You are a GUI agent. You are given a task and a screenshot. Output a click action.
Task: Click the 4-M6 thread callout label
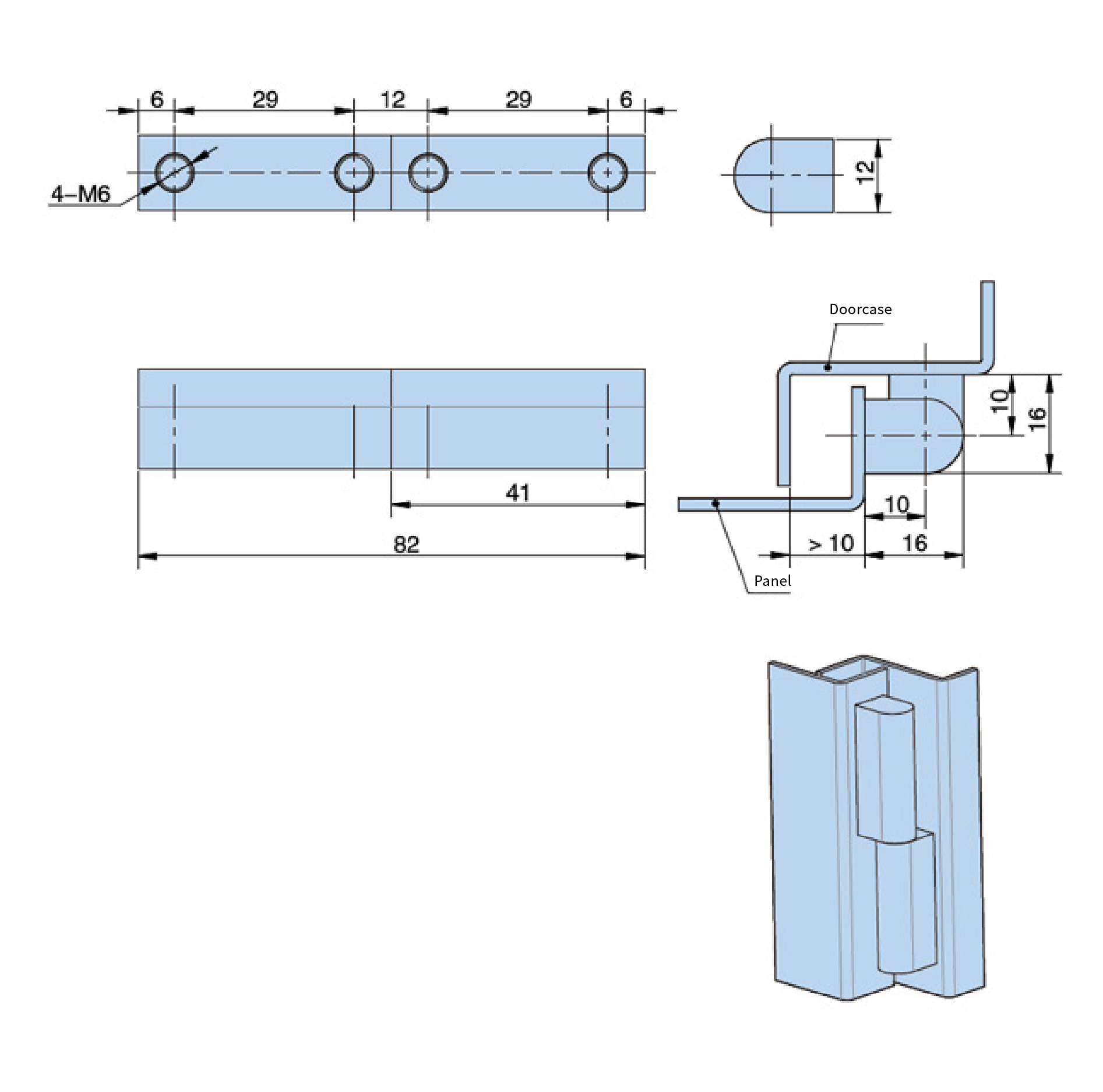click(x=80, y=194)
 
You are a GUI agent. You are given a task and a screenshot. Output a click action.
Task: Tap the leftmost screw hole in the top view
click(x=174, y=173)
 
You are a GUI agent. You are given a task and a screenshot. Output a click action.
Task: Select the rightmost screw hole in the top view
click(x=608, y=173)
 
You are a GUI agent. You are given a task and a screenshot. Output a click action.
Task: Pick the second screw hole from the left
click(x=354, y=173)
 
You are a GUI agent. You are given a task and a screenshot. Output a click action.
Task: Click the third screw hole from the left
click(x=428, y=173)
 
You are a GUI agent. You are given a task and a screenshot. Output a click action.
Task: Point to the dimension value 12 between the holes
click(x=393, y=100)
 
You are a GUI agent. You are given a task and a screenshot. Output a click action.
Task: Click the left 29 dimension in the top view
click(x=265, y=100)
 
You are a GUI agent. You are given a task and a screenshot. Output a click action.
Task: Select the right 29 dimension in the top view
click(x=519, y=100)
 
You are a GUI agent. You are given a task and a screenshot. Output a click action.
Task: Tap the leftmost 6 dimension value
click(x=157, y=100)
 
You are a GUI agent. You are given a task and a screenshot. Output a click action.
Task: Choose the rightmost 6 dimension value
click(x=626, y=100)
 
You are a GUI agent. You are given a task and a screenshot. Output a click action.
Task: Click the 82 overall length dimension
click(x=406, y=545)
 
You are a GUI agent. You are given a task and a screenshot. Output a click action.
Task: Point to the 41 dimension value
click(x=517, y=493)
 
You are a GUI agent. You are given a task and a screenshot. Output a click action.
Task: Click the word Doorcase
click(x=860, y=310)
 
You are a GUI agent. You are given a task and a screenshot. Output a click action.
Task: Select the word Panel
click(x=772, y=581)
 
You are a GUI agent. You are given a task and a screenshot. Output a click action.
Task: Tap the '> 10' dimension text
click(x=831, y=544)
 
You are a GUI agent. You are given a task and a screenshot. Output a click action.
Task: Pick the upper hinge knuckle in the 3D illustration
click(x=885, y=770)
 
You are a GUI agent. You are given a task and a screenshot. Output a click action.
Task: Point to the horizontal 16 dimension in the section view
click(x=915, y=544)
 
